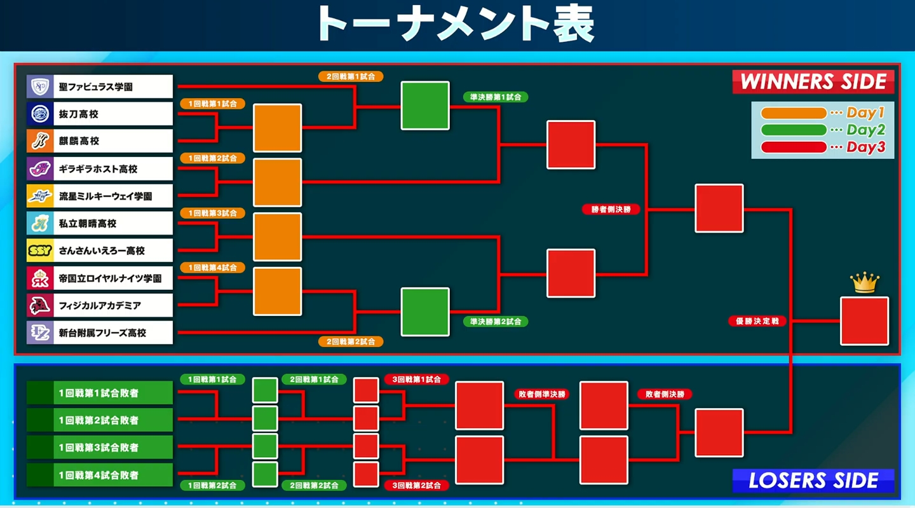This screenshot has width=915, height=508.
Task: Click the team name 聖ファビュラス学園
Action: [x=95, y=86]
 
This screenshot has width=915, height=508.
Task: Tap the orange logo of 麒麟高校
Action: [x=40, y=141]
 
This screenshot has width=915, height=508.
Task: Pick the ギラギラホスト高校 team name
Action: [x=98, y=168]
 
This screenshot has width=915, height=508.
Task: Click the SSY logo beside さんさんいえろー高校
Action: [x=40, y=251]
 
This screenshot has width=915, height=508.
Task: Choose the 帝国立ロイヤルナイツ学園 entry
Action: [x=100, y=278]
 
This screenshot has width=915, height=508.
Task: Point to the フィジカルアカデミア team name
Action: [x=100, y=306]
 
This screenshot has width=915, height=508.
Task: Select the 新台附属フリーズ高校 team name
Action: [x=102, y=333]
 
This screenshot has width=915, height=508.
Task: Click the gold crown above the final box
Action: [x=864, y=283]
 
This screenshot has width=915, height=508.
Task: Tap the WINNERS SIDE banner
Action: [x=813, y=81]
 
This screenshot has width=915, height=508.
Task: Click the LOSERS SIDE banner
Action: [x=813, y=481]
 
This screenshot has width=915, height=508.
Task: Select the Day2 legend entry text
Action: [x=865, y=130]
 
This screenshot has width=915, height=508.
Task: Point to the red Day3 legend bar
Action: [x=794, y=147]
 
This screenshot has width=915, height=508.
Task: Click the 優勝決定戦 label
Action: [x=757, y=321]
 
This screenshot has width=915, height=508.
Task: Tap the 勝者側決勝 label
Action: [x=611, y=210]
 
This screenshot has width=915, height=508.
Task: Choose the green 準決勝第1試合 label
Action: [x=496, y=97]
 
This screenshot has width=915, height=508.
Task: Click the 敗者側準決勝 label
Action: [x=541, y=394]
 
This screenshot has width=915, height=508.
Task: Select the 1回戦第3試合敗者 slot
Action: [x=100, y=448]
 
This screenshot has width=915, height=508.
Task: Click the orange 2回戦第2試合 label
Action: [x=351, y=341]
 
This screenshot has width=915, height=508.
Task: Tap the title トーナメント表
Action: [x=456, y=24]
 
